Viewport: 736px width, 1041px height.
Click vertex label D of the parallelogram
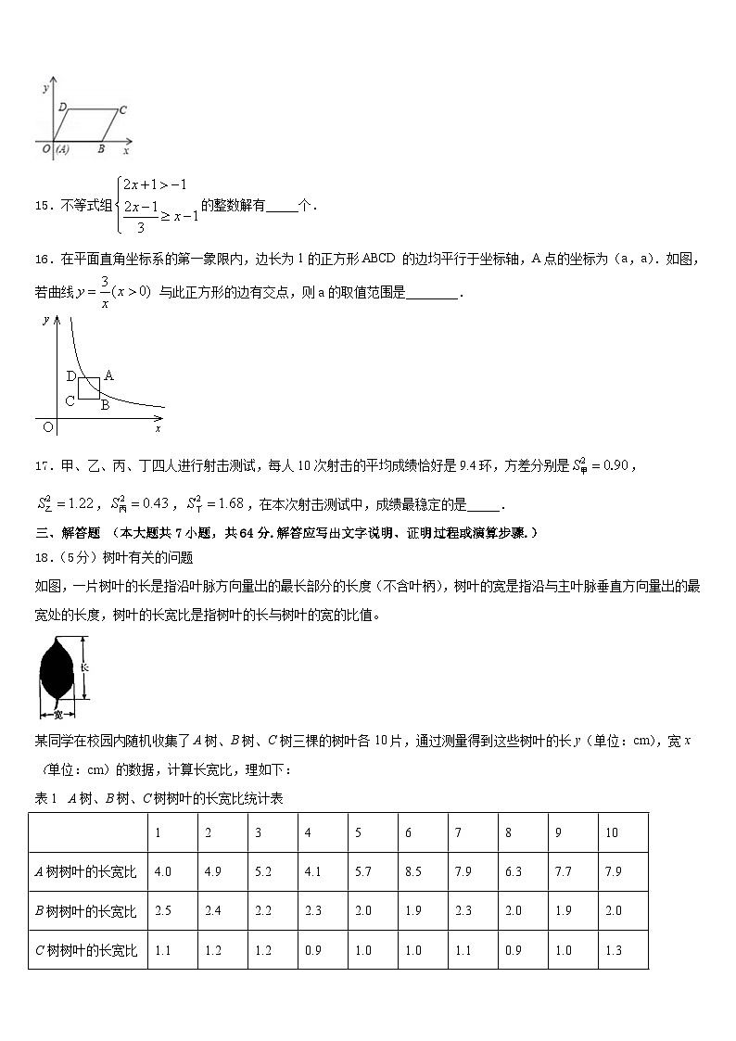pos(62,108)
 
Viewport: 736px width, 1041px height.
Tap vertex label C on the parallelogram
pos(122,110)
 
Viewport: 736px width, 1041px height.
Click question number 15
pos(44,206)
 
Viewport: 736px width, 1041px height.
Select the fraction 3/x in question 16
pos(106,291)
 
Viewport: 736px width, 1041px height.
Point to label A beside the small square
pos(108,375)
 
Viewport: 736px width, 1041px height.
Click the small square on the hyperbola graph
pos(89,387)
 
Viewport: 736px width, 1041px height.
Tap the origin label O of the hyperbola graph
pos(47,427)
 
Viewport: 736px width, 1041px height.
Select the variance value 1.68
pos(228,503)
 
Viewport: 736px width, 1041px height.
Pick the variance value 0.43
pos(154,503)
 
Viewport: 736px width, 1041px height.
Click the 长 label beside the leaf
pos(83,667)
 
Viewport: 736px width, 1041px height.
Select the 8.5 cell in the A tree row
pos(412,871)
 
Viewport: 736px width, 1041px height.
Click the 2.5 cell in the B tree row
pos(162,910)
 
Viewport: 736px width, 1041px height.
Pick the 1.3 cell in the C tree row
pos(613,950)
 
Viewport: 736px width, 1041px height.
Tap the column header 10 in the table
pos(612,832)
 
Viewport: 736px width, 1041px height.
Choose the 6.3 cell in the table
pos(513,871)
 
